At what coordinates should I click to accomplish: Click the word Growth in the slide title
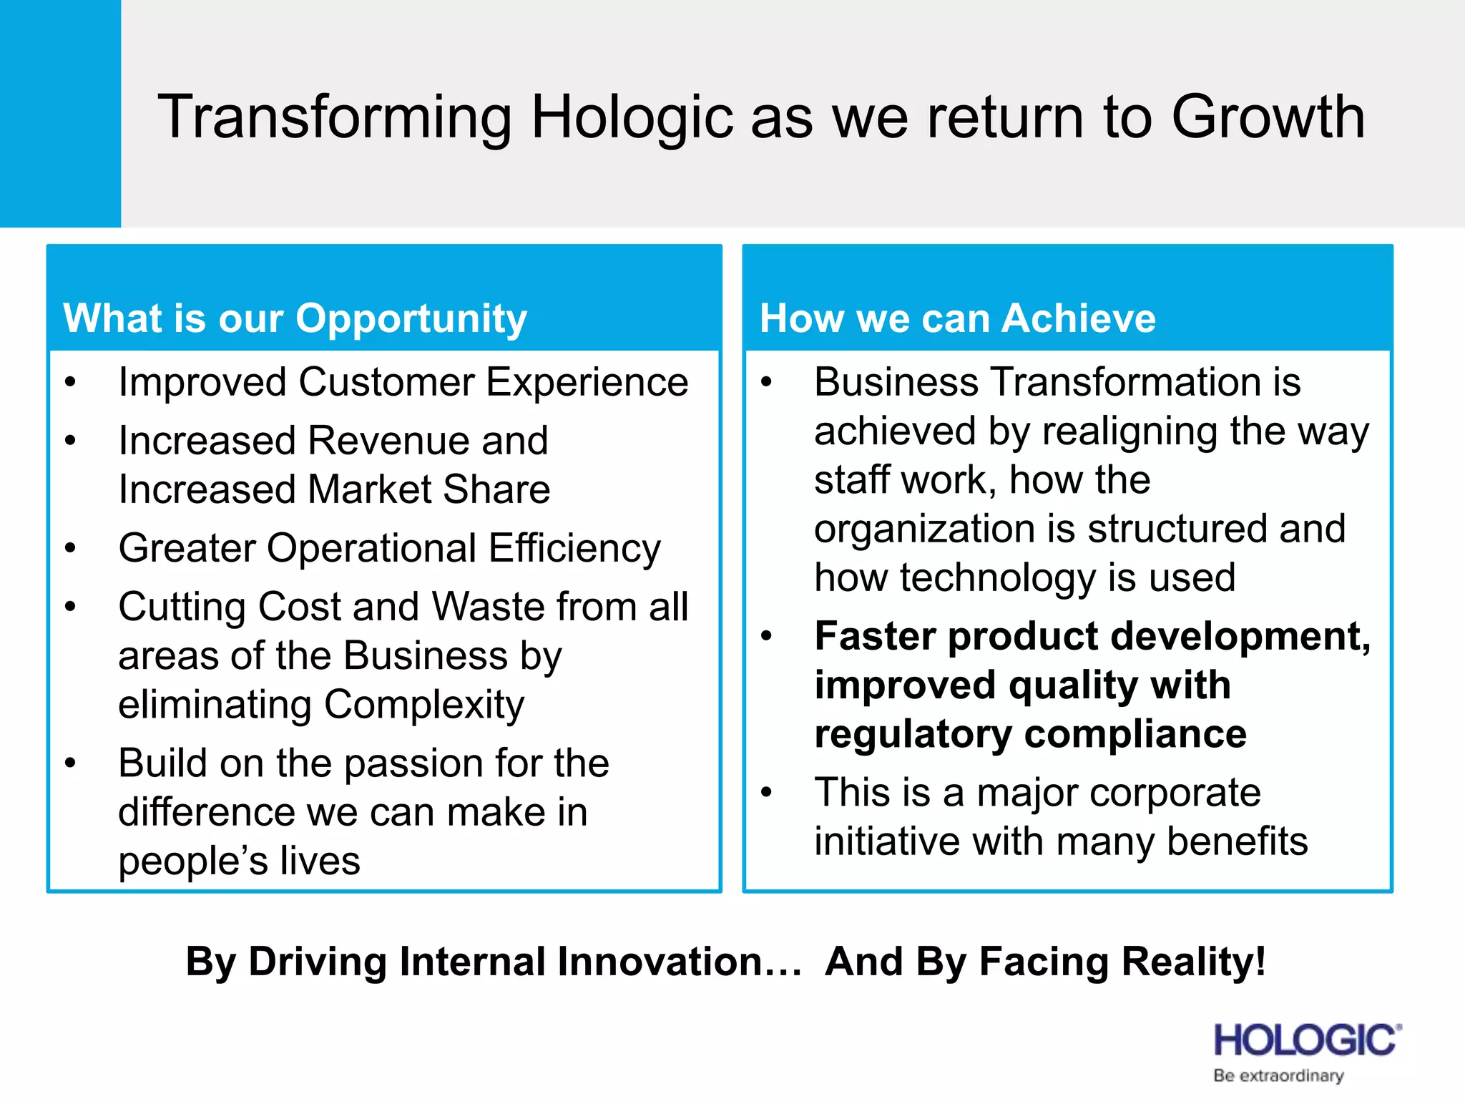click(1268, 117)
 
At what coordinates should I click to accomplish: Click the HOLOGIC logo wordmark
click(1306, 1040)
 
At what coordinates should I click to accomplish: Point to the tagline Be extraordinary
click(1278, 1075)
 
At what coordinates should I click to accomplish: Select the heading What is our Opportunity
click(295, 318)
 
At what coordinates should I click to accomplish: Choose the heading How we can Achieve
click(957, 318)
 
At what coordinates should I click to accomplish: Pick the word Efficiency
click(574, 549)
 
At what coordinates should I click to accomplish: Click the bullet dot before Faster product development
click(767, 636)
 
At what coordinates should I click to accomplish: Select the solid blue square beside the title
click(60, 113)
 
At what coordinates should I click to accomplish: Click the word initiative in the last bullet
click(887, 841)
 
